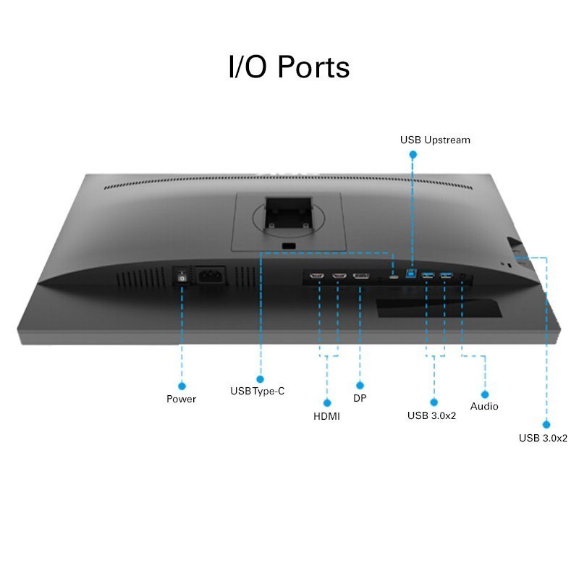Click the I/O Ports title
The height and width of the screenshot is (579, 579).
point(289,67)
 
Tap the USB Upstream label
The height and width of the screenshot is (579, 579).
point(435,140)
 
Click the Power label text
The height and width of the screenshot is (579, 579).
point(181,399)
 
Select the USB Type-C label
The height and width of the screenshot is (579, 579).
point(258,391)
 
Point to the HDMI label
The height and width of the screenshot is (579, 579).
point(326,416)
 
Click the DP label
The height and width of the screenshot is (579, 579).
point(360,398)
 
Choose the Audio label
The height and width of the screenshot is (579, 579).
point(484,406)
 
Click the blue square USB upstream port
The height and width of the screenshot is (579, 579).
point(411,274)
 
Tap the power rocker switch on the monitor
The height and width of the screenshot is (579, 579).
point(182,276)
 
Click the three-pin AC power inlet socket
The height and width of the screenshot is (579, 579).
point(211,276)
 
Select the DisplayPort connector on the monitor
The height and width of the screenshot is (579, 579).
point(360,276)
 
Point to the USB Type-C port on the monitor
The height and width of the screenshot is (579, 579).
point(394,276)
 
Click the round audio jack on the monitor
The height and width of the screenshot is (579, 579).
point(462,276)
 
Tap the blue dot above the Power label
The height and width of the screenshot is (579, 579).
point(182,386)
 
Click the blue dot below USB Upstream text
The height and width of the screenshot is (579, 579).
point(413,154)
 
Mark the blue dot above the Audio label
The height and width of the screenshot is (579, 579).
point(485,394)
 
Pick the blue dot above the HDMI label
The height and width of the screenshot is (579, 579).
point(327,402)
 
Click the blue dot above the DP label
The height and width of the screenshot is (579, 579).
point(360,386)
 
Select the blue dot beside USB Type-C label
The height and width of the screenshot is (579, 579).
point(260,379)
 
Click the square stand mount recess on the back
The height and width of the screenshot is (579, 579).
point(289,214)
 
